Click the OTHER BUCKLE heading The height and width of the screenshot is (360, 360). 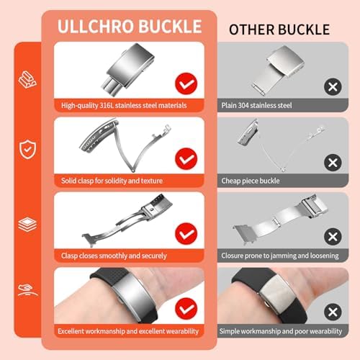coord(279,30)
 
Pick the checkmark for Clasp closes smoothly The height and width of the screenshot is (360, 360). coord(187,235)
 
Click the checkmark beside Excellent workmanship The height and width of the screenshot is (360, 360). coord(187,311)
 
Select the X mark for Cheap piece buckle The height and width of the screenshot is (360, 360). coord(333,161)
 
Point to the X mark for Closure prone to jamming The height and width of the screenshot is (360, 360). coord(333,236)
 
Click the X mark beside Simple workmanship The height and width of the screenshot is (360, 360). coord(333,312)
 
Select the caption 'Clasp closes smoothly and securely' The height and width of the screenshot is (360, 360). coord(114,255)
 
